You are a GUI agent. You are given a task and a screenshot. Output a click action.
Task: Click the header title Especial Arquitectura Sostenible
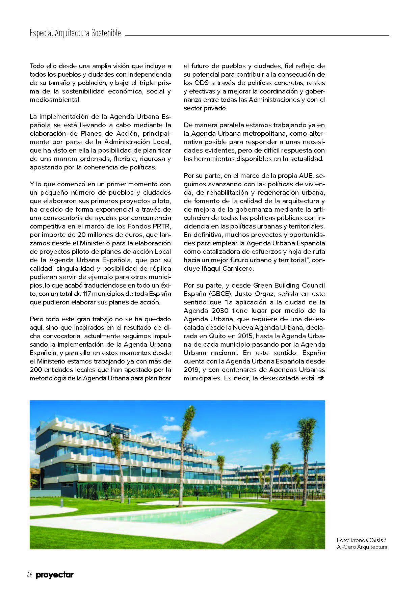click(x=75, y=33)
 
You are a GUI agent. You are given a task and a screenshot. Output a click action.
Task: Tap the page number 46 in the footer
click(x=30, y=575)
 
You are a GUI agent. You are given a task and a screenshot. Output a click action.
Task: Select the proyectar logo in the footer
click(x=54, y=575)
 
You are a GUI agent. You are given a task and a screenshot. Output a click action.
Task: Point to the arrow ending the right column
click(x=321, y=378)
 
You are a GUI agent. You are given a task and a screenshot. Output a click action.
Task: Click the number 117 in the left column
click(x=87, y=294)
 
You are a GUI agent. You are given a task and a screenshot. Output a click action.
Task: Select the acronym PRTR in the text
click(x=163, y=226)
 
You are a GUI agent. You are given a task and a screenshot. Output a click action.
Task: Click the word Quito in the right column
click(x=217, y=336)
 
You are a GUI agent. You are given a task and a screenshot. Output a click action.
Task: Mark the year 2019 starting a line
click(x=191, y=370)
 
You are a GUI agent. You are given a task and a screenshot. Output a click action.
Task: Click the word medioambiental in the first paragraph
click(x=55, y=100)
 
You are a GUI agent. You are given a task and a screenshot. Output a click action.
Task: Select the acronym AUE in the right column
click(x=306, y=176)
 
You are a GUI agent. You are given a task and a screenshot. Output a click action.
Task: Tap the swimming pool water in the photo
click(x=182, y=515)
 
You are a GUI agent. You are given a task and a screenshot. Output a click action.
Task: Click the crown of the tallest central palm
click(x=189, y=413)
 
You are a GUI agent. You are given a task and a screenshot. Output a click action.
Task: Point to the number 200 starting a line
click(x=36, y=370)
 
